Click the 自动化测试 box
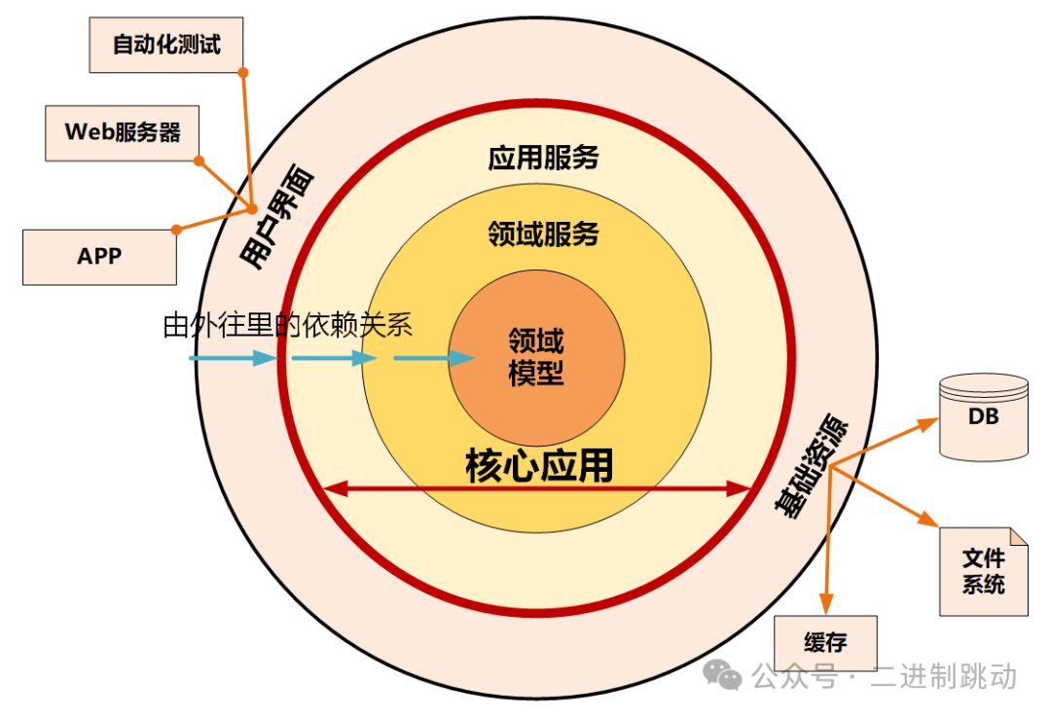tap(165, 45)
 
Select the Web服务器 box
tap(123, 132)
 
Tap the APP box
tap(99, 257)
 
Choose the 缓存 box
tap(825, 643)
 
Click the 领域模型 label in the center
tap(536, 356)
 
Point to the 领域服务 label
tap(543, 233)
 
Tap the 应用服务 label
tap(543, 158)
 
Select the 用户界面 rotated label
tap(278, 220)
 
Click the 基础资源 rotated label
tap(812, 468)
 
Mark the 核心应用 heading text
tap(539, 466)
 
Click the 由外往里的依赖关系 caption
tap(288, 325)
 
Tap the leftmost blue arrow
tap(233, 358)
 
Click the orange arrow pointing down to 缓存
tap(828, 545)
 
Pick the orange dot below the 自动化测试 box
tap(243, 73)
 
